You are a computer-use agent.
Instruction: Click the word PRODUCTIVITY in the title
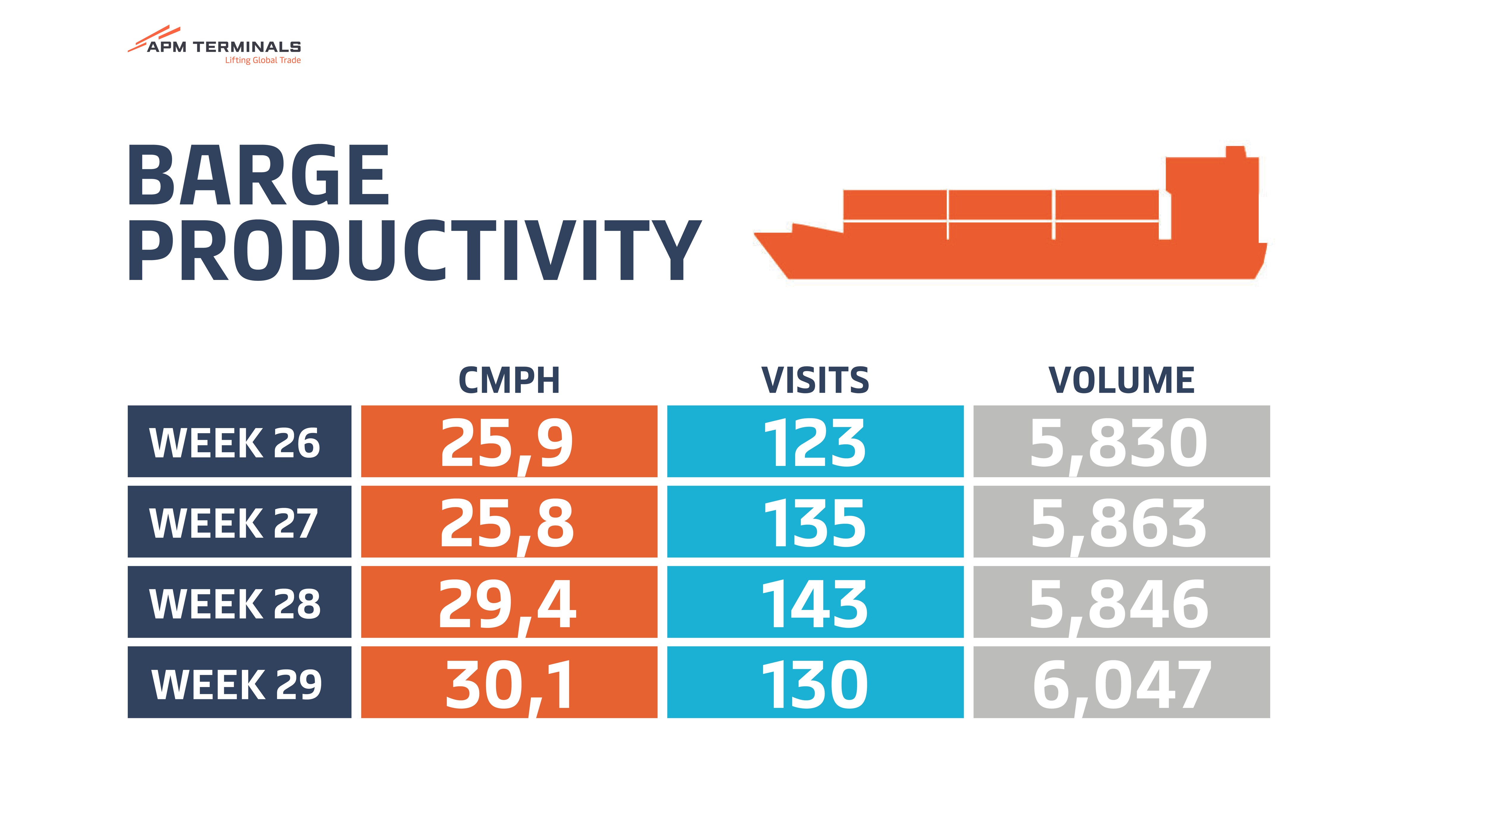coord(414,251)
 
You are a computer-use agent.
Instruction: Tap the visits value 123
coord(815,442)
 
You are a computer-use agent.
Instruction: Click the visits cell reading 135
coord(815,522)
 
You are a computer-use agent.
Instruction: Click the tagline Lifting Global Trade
coord(263,60)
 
